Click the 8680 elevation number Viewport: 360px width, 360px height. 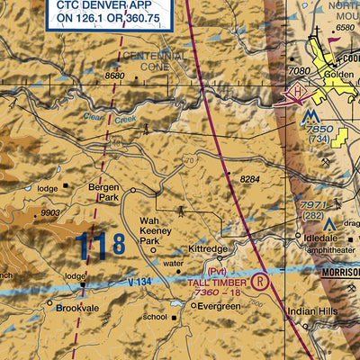114,76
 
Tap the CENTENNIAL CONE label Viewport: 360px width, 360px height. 157,62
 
